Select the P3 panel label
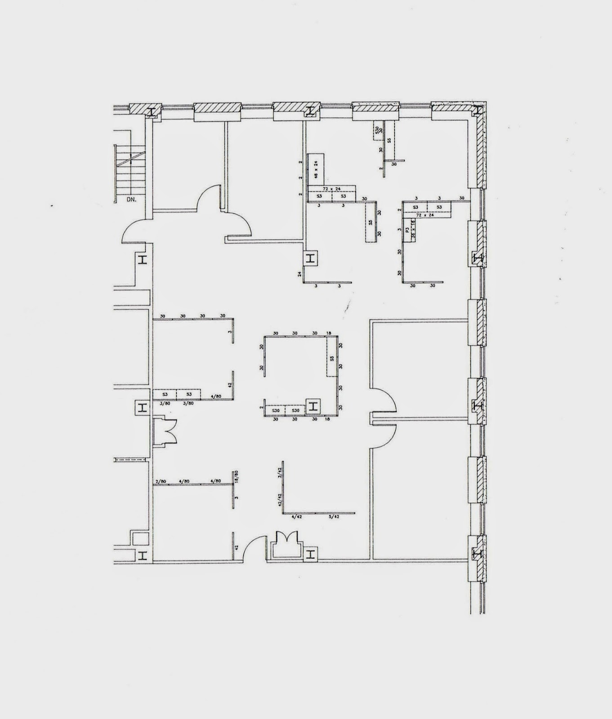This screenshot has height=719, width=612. coord(407,231)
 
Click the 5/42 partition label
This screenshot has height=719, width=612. coord(334,517)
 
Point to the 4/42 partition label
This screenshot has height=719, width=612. coord(297,517)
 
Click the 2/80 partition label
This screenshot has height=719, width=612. coord(161,482)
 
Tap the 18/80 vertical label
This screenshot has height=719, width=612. coord(236,476)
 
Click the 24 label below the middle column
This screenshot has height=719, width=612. coord(299,273)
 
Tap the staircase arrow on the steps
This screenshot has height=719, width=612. coord(131,157)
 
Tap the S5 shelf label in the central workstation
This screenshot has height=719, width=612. coord(332,358)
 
